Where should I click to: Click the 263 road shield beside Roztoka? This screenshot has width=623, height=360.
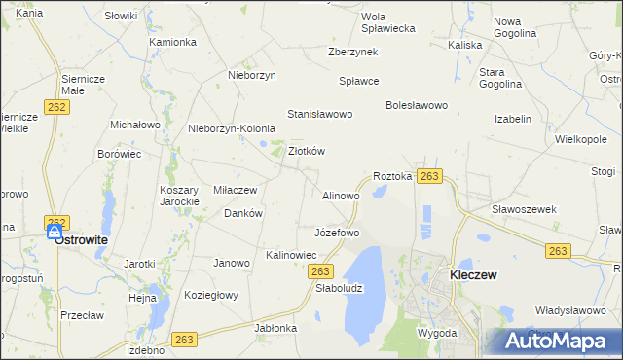tap(430, 176)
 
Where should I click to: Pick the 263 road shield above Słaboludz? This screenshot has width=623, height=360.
tap(323, 270)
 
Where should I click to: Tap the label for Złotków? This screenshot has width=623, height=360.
tap(307, 151)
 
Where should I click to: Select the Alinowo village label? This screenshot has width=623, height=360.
tap(341, 196)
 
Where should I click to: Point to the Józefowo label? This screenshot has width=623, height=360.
tap(337, 234)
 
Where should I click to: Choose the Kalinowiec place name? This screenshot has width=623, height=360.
tap(292, 255)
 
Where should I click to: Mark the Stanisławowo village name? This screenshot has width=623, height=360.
tap(319, 114)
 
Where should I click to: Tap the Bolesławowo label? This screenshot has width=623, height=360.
tap(416, 105)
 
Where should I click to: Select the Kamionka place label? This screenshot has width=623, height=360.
tap(173, 42)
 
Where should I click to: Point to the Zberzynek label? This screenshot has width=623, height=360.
tap(352, 52)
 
